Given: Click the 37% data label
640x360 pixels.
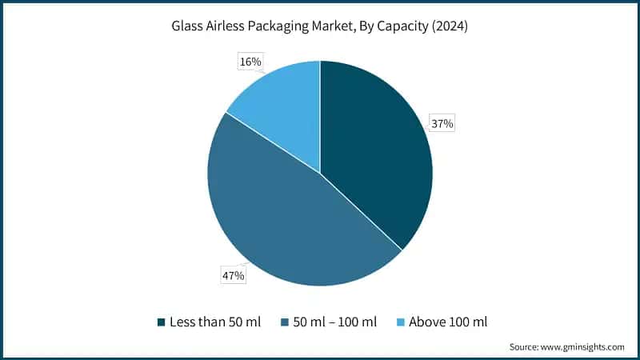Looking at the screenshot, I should pyautogui.click(x=443, y=124).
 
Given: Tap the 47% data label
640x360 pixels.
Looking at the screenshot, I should pyautogui.click(x=233, y=275).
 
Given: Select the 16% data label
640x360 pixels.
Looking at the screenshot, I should pyautogui.click(x=250, y=61).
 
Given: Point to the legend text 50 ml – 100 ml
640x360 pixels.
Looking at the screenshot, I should pyautogui.click(x=335, y=322).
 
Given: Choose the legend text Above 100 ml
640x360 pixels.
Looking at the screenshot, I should pyautogui.click(x=447, y=322).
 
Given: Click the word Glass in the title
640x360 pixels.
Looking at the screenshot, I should pyautogui.click(x=188, y=26).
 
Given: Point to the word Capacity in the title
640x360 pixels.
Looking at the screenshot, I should pyautogui.click(x=406, y=26).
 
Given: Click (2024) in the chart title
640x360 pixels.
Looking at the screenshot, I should pyautogui.click(x=450, y=26).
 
